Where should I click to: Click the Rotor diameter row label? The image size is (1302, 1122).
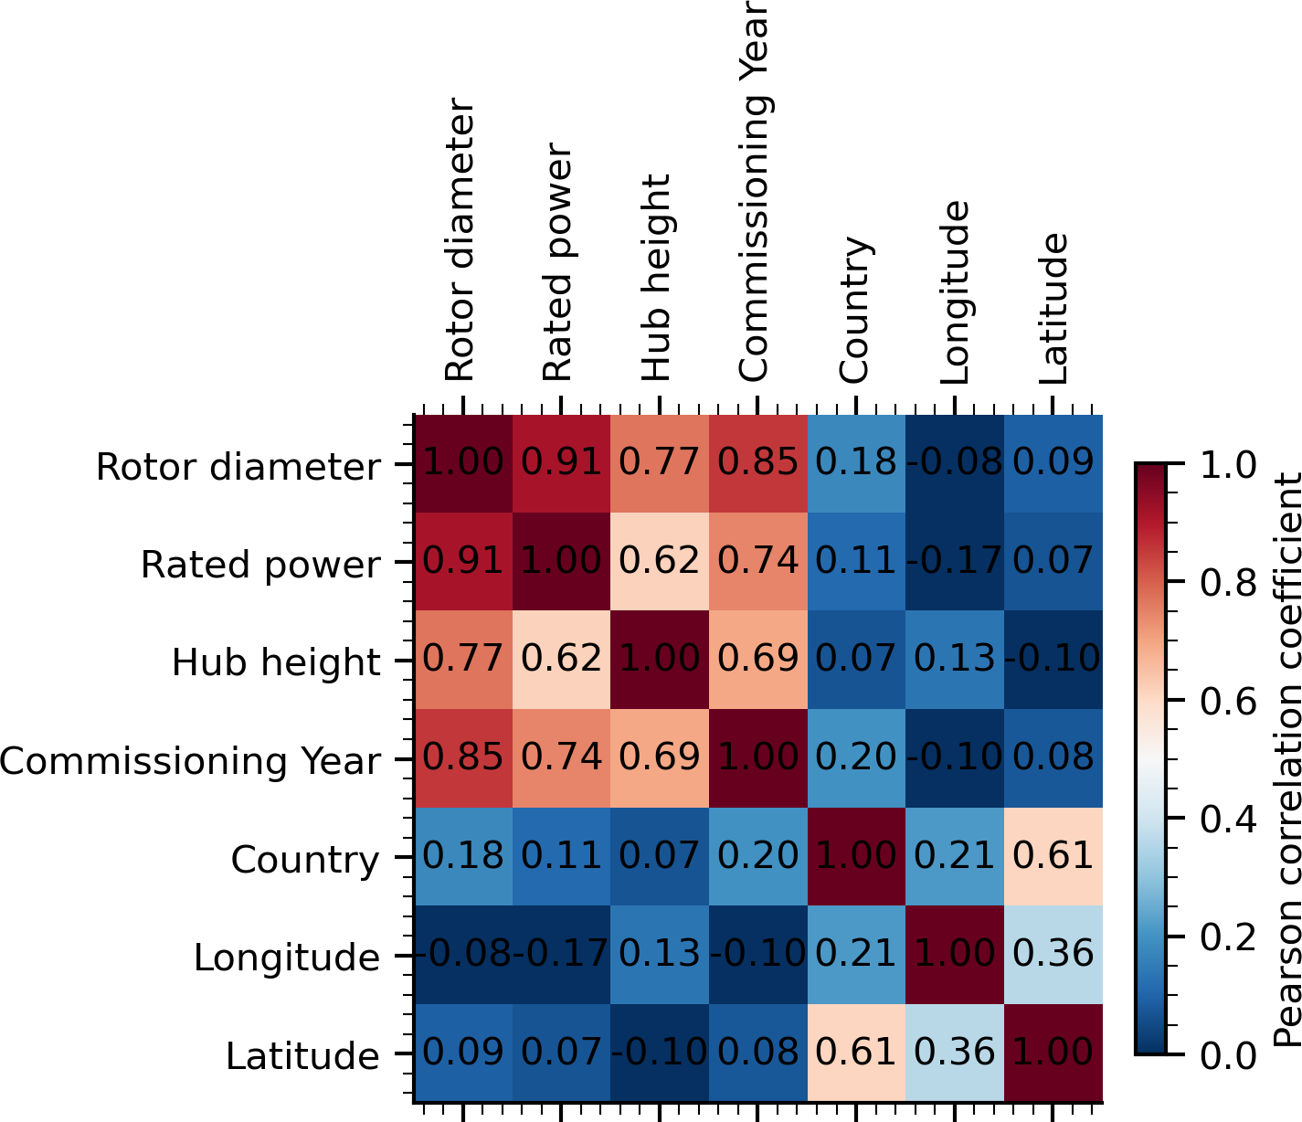[x=238, y=468]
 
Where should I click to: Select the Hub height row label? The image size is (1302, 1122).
[x=276, y=663]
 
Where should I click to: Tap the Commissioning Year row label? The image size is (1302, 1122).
[x=190, y=761]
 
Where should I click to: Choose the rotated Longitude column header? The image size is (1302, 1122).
[x=954, y=293]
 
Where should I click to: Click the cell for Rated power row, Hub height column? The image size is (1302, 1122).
[x=660, y=562]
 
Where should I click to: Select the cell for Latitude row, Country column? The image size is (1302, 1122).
[x=856, y=1053]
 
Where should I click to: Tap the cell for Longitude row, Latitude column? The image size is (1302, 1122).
[x=1053, y=955]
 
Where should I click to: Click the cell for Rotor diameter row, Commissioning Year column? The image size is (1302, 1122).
[x=757, y=463]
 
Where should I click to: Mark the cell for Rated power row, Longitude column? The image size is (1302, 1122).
[x=954, y=562]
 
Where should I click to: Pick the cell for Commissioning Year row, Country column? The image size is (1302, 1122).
[x=856, y=758]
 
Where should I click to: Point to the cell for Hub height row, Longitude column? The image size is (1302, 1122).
[x=954, y=661]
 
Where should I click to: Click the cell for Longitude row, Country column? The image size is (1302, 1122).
[x=856, y=955]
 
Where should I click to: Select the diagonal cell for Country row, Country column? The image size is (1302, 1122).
[x=856, y=857]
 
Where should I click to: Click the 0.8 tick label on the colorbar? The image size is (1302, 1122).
[x=1228, y=583]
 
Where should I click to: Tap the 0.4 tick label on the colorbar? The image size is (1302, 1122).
[x=1228, y=820]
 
